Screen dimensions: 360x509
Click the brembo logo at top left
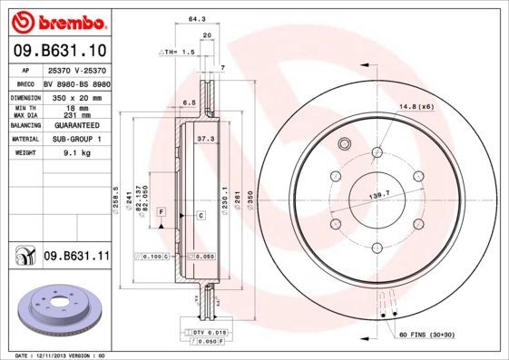point(56,21)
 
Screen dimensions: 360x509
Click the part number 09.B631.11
point(76,257)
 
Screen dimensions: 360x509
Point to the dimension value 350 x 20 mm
point(75,95)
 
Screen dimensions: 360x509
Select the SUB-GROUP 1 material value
point(75,139)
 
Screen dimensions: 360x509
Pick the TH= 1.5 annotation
point(178,52)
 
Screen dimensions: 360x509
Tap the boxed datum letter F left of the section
point(161,211)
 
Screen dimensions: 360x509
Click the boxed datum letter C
point(201,215)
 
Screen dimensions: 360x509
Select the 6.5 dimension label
point(190,102)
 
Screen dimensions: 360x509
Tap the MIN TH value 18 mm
point(75,107)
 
